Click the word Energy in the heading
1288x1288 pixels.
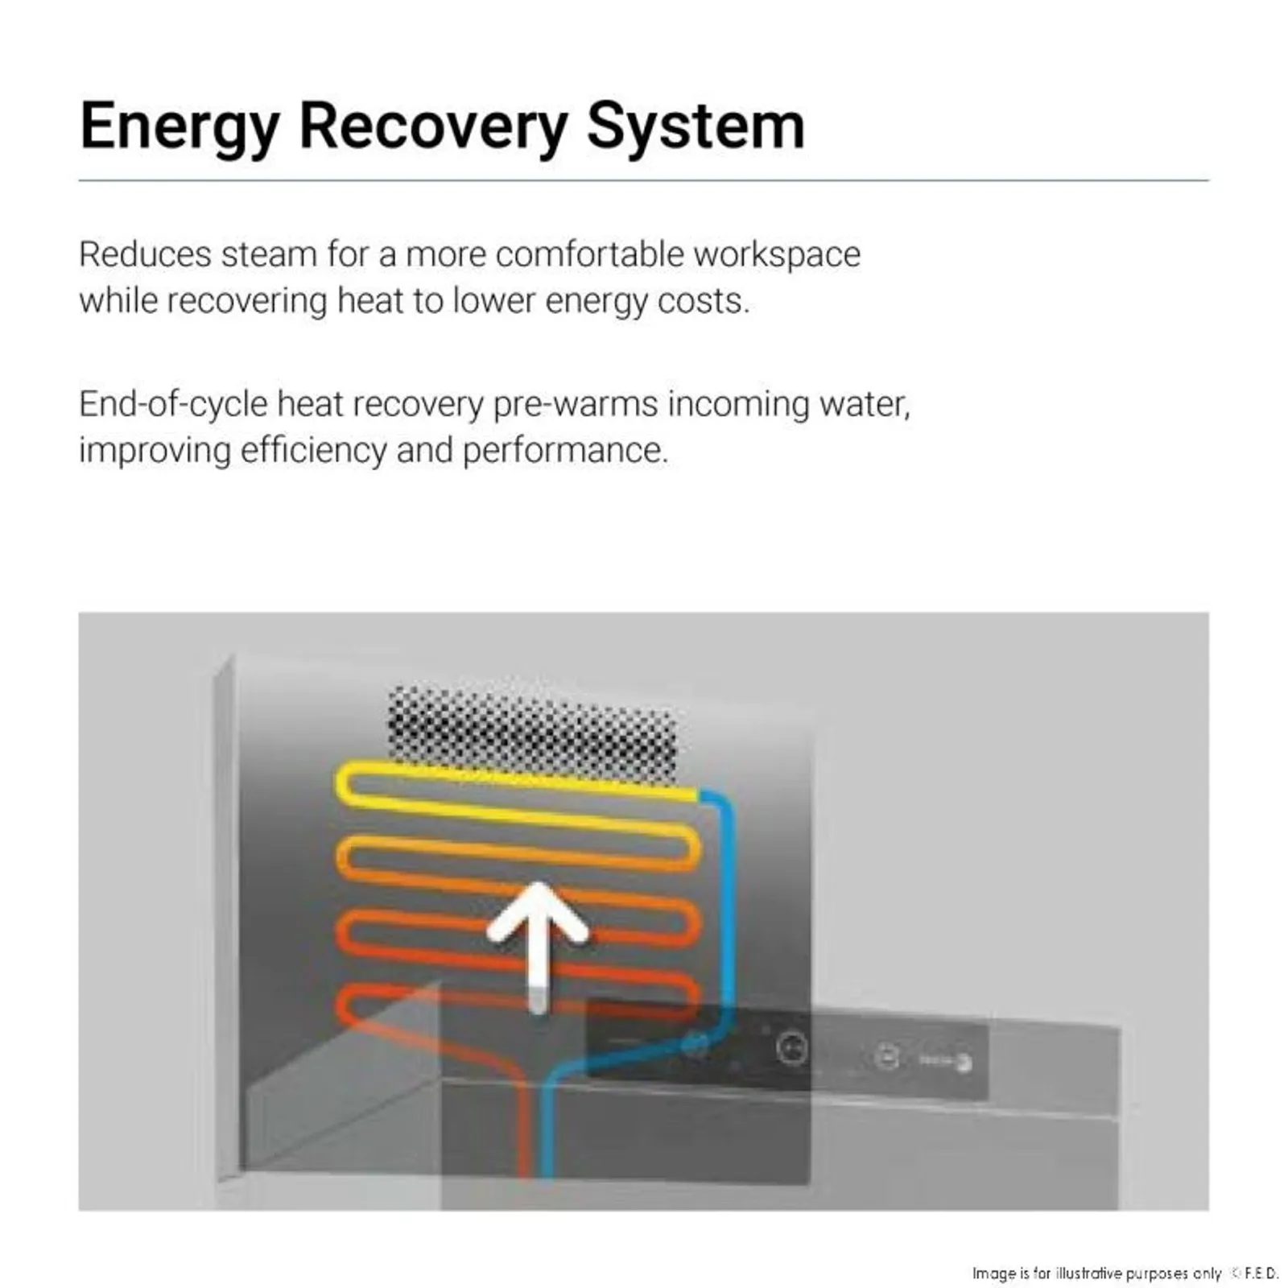tap(180, 128)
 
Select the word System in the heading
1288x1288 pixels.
tap(696, 128)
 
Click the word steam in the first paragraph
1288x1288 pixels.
tap(269, 254)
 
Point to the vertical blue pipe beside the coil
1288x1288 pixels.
tap(727, 910)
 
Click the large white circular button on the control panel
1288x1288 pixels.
tap(791, 1048)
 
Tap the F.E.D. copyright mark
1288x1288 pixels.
tap(1255, 1273)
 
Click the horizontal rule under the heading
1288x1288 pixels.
tap(644, 180)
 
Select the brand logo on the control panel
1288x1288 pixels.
tap(947, 1062)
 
